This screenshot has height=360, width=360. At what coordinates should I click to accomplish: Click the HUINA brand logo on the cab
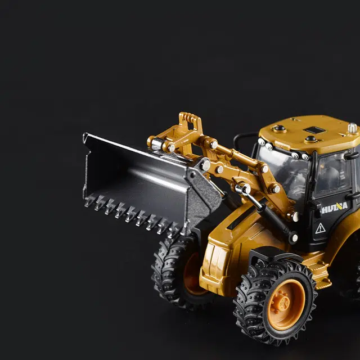point(335,208)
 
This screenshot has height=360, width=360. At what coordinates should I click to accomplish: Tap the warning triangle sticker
point(320,228)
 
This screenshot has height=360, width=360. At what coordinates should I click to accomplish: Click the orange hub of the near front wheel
point(286,304)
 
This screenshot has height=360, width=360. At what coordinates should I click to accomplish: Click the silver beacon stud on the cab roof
point(352,128)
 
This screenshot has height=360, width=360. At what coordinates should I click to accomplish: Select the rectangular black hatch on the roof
point(314,130)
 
